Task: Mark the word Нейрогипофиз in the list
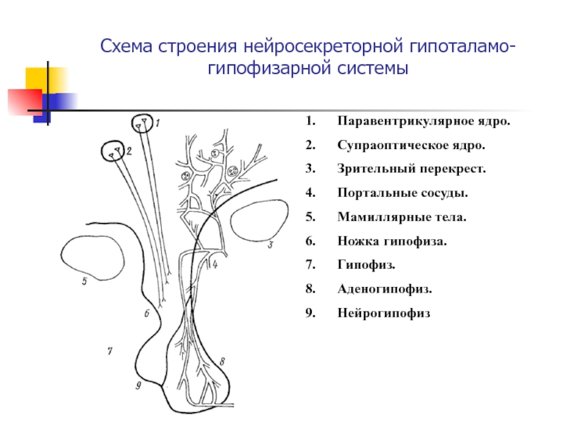[382, 313]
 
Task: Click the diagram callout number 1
[158, 124]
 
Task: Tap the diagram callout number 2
[129, 150]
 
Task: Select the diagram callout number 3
[270, 245]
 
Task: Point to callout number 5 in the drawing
[84, 282]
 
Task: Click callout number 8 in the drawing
[222, 361]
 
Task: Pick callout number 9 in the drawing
[138, 385]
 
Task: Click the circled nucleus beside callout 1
[143, 123]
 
